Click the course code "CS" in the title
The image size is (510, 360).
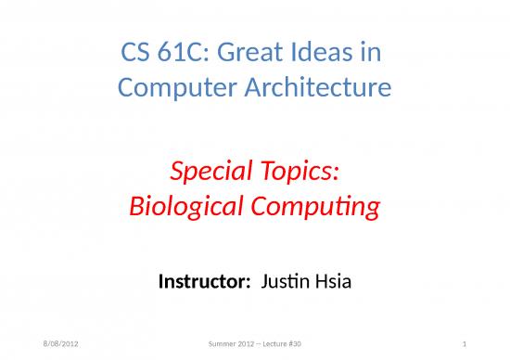136,57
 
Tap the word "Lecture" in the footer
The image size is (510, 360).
270,345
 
